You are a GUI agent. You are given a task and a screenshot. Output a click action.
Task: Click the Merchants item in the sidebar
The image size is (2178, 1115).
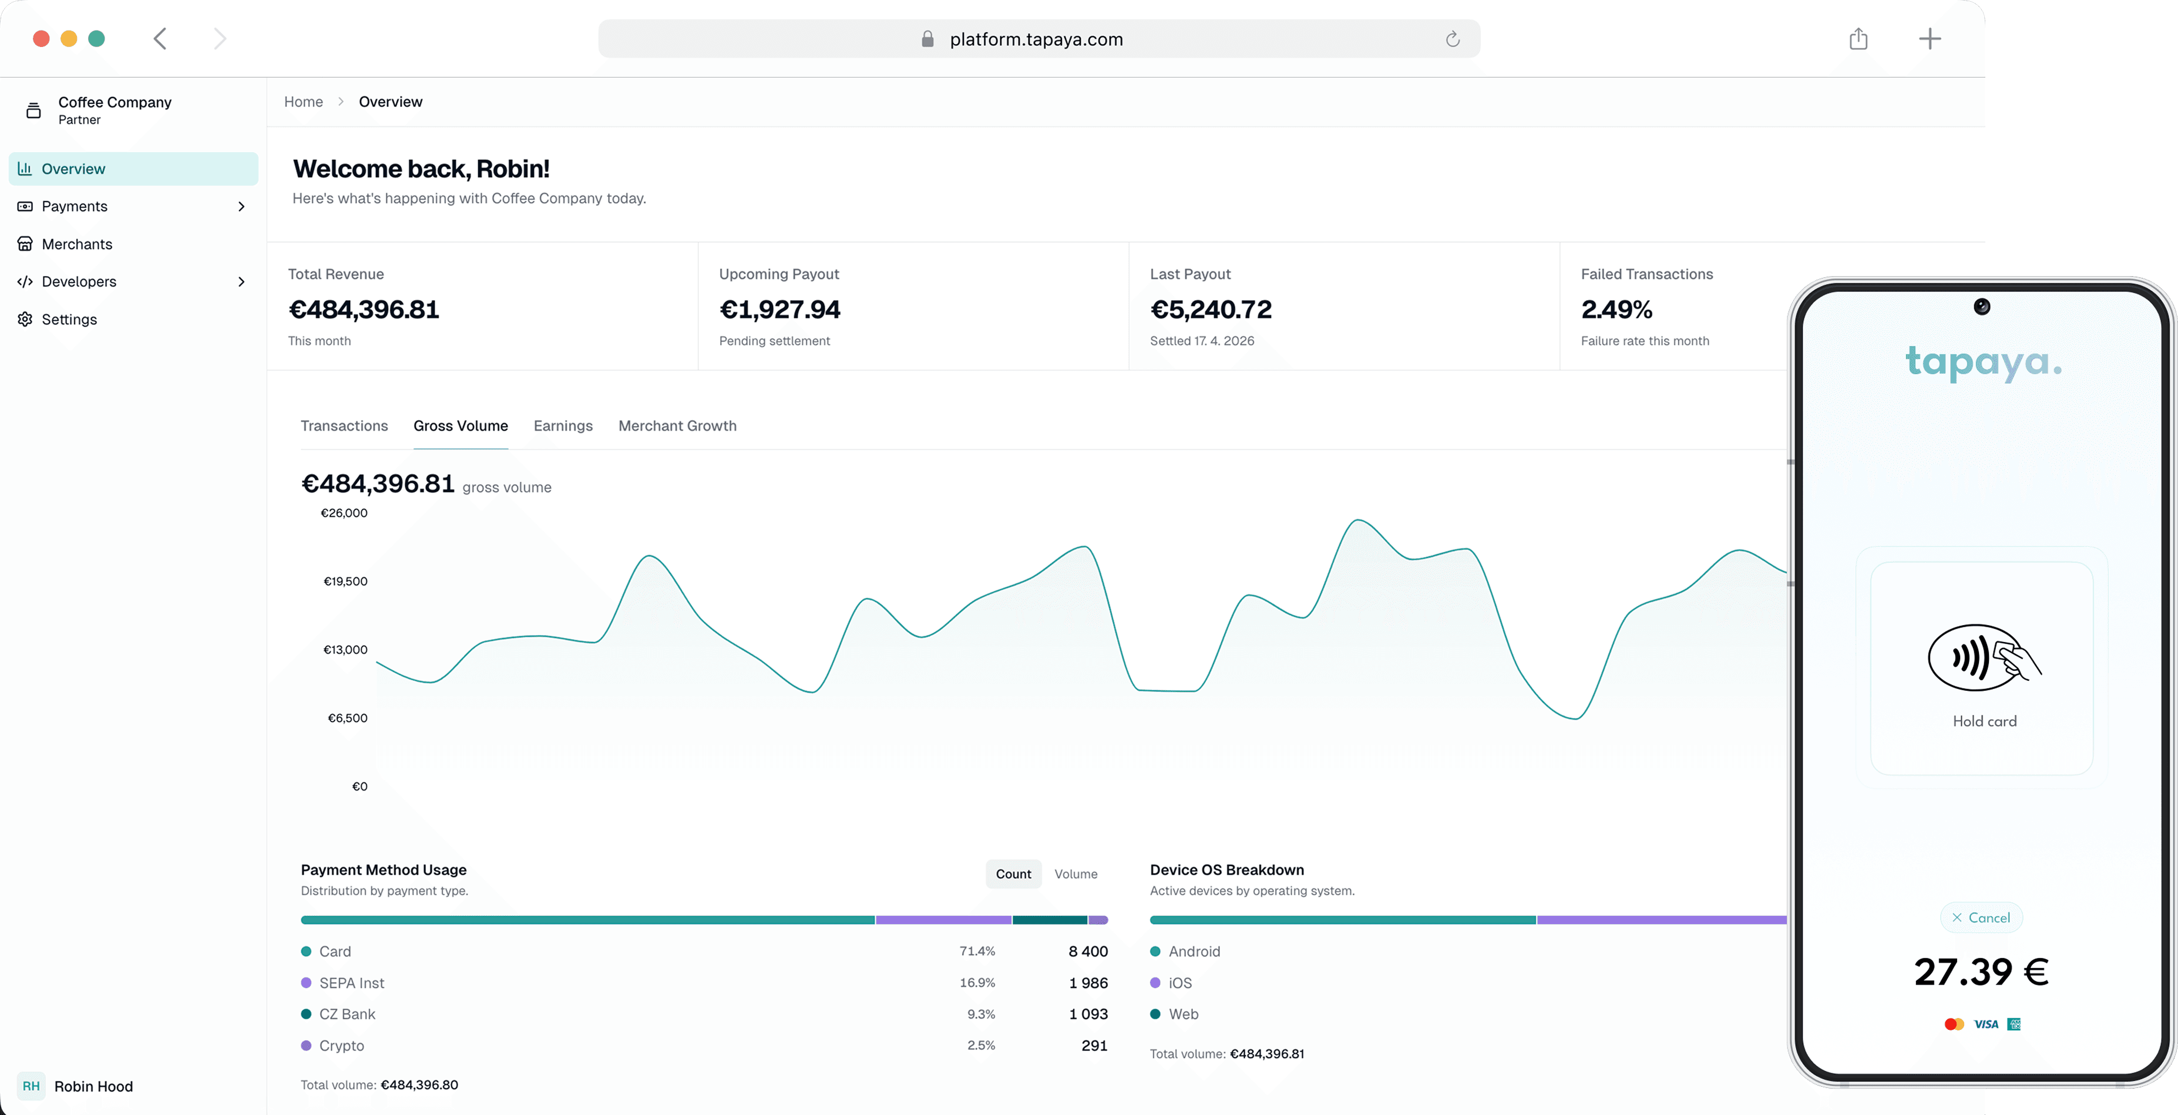click(x=76, y=244)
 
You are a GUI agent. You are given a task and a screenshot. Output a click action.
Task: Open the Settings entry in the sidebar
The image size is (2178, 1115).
click(x=69, y=320)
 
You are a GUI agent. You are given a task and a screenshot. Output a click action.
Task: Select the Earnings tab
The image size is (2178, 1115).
click(x=562, y=426)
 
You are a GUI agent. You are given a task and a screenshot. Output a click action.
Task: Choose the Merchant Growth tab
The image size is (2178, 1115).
click(x=677, y=426)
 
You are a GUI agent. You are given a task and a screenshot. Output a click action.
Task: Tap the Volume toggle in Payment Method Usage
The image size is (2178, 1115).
click(x=1075, y=874)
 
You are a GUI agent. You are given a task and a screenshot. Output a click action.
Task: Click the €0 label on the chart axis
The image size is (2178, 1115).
click(x=359, y=787)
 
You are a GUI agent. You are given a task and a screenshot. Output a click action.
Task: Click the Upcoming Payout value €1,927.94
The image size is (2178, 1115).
click(x=779, y=310)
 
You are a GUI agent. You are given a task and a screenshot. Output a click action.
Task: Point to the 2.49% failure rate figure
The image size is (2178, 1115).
click(x=1616, y=310)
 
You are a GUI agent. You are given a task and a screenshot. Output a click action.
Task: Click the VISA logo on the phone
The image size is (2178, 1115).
click(x=1985, y=1025)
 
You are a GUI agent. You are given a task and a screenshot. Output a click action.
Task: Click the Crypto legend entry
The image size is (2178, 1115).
click(x=341, y=1046)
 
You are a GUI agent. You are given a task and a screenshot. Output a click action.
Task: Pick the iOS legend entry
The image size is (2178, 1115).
click(x=1179, y=983)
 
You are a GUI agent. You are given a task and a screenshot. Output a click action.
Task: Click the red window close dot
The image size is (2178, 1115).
click(x=41, y=39)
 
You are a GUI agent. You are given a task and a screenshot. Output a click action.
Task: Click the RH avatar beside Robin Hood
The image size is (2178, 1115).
click(x=31, y=1086)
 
